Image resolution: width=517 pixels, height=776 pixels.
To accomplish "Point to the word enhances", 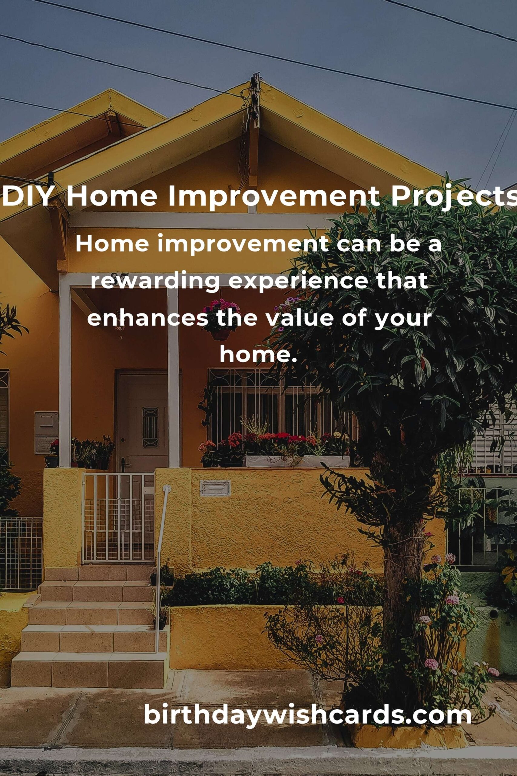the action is (148, 318).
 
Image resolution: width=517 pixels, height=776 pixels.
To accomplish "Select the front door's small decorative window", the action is (150, 427).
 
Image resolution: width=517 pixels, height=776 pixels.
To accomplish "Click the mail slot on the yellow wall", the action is (215, 488).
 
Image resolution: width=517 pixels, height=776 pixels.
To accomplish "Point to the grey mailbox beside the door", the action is (46, 433).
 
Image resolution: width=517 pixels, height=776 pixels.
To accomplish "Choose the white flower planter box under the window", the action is (297, 461).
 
